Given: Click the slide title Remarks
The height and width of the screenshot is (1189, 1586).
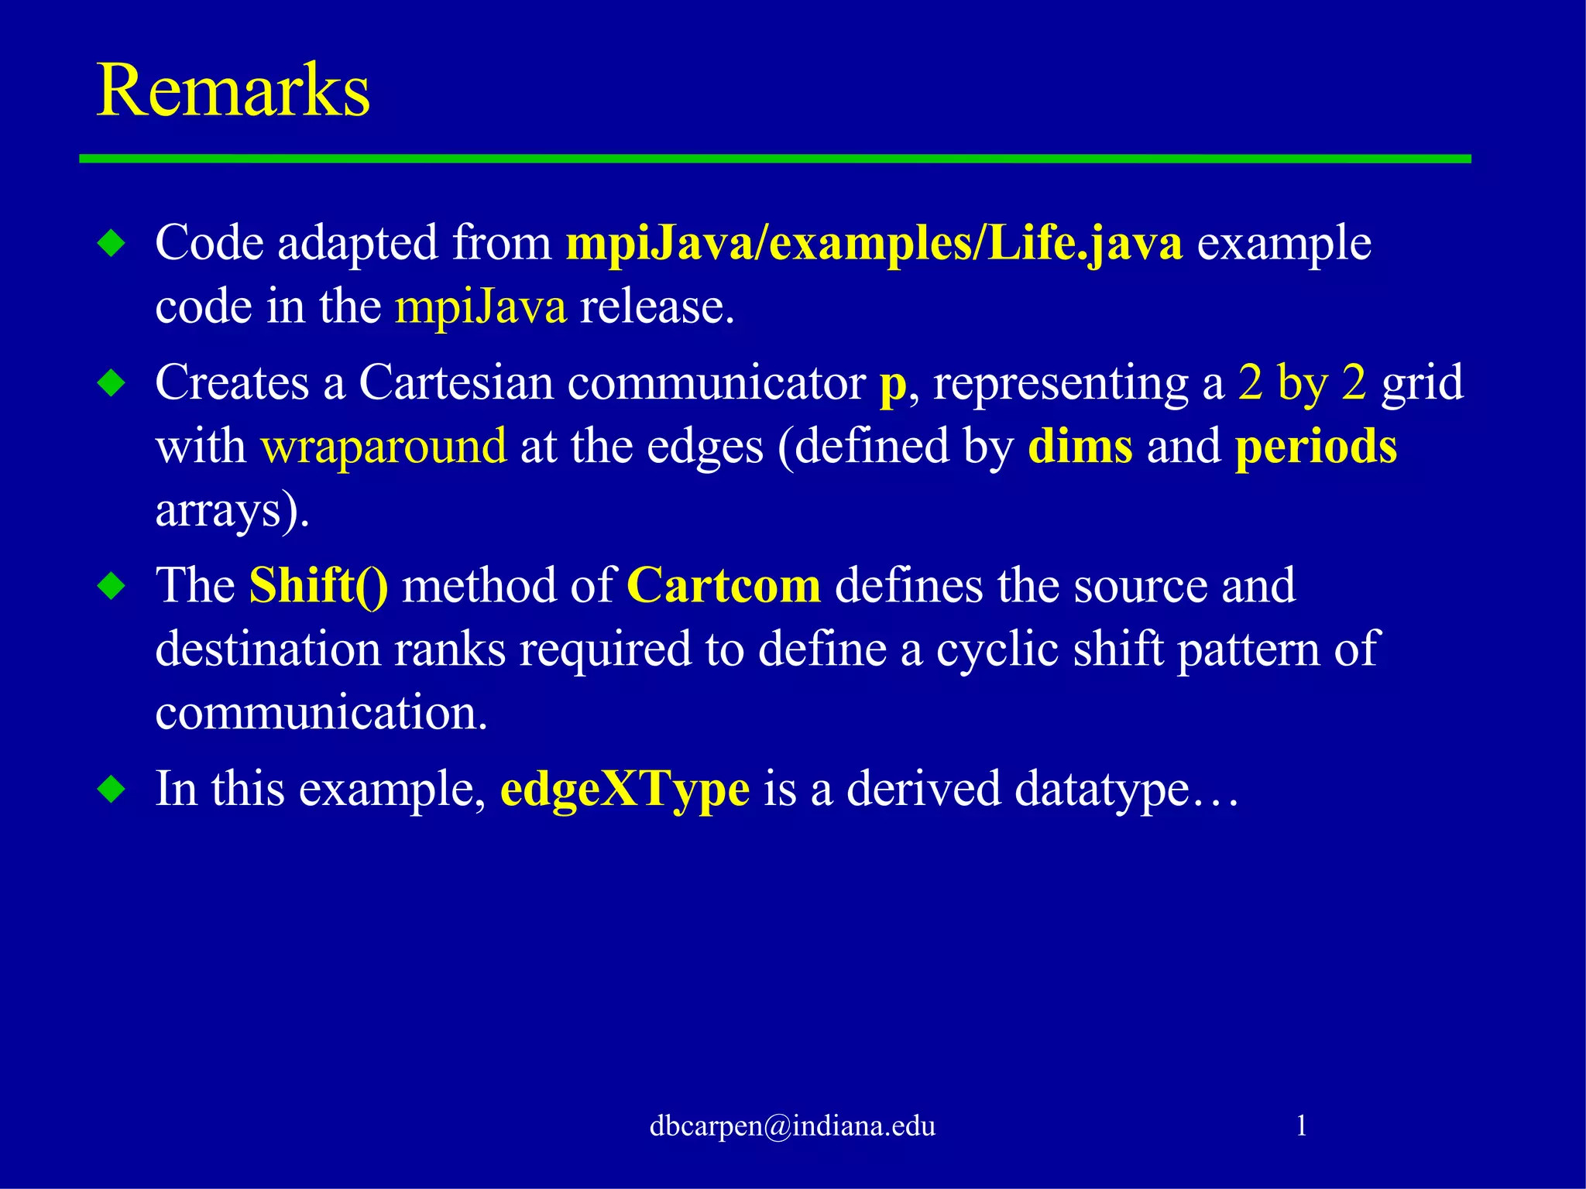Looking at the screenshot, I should click(233, 91).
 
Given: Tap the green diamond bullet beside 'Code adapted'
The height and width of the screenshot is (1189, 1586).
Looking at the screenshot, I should click(112, 244).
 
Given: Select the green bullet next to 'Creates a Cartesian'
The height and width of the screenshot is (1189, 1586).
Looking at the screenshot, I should click(112, 383).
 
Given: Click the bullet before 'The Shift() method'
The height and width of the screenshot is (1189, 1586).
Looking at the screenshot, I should click(112, 586).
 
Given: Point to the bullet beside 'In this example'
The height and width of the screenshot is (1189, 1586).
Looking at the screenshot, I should click(112, 790).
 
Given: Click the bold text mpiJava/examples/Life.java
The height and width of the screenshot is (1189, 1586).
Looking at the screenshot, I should click(874, 244).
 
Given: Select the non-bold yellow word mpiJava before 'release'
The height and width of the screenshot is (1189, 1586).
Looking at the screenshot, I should click(480, 307).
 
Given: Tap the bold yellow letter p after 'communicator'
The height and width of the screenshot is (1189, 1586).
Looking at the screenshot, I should click(892, 385).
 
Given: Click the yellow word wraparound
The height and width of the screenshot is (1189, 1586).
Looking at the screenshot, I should click(383, 447).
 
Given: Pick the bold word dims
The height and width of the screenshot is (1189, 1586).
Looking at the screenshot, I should click(1080, 447).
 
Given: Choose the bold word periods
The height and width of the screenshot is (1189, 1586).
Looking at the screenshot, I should click(1316, 448).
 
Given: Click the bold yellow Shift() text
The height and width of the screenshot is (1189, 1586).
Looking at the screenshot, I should click(318, 586).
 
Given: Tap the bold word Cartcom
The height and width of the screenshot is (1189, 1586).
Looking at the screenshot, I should click(723, 586).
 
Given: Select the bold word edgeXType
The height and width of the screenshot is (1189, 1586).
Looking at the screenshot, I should click(624, 790).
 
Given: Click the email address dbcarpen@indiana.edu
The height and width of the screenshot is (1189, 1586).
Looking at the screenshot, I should click(792, 1126).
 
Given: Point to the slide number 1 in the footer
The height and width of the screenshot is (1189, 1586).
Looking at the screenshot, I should click(1301, 1125).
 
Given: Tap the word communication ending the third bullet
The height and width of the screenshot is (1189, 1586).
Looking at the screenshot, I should click(321, 713).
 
